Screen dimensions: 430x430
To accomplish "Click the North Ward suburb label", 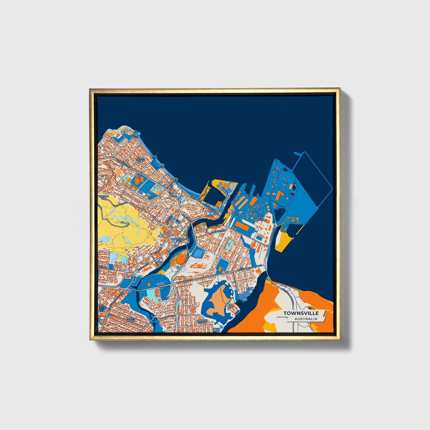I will [140, 160].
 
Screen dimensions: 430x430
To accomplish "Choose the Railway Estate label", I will [201, 322].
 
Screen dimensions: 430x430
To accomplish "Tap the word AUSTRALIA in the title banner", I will [306, 319].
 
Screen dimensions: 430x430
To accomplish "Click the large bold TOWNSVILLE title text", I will [301, 313].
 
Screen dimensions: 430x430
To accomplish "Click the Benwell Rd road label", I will [271, 235].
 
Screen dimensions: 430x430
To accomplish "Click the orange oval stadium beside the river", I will [181, 259].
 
